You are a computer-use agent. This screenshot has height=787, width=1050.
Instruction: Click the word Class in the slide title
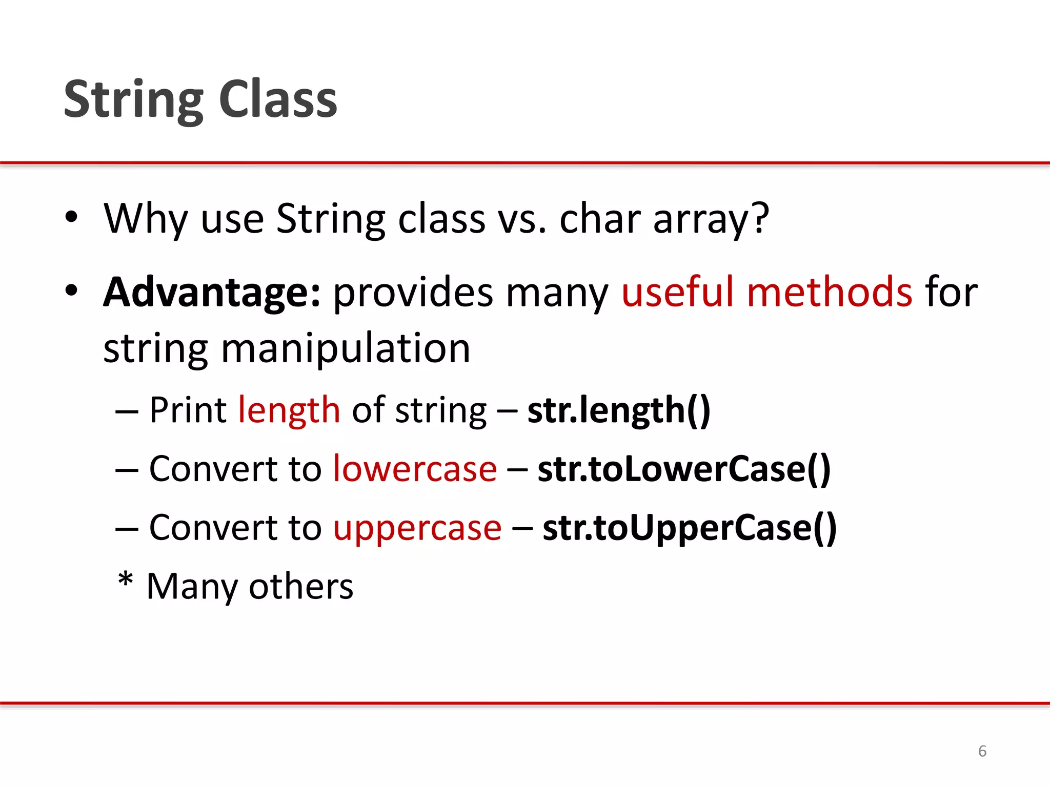(x=278, y=100)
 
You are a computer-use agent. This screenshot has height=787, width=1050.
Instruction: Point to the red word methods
(x=830, y=292)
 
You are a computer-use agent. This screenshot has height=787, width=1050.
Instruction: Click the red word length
(x=289, y=411)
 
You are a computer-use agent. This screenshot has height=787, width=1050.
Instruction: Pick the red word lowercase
(x=415, y=469)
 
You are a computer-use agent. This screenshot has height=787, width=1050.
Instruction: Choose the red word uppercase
(x=417, y=528)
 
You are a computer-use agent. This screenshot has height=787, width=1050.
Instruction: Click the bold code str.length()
(x=619, y=411)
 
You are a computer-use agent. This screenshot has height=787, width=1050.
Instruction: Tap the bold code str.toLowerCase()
(x=684, y=469)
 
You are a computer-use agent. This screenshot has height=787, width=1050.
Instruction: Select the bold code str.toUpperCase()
(x=690, y=528)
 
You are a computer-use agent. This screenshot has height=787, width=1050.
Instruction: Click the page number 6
(x=982, y=751)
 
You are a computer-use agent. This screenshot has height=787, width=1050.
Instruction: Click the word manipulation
(x=345, y=348)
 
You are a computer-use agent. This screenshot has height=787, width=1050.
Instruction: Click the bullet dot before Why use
(x=71, y=217)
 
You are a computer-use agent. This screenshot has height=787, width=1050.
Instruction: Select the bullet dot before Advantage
(x=71, y=291)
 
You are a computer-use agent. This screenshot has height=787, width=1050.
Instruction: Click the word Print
(x=188, y=411)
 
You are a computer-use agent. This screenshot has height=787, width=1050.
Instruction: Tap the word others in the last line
(x=301, y=587)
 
